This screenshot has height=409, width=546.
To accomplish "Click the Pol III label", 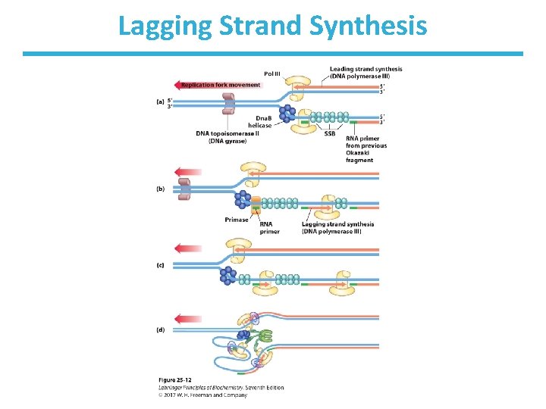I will point(272,73).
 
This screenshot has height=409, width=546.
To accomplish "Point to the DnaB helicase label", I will point(263,121).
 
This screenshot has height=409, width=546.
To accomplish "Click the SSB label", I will point(329,135).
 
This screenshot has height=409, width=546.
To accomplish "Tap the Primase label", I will point(237,220).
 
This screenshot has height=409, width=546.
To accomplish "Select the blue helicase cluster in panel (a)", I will point(287,114).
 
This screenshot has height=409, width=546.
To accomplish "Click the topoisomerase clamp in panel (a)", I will point(228,101).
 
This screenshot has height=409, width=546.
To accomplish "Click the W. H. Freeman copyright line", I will point(203,395).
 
